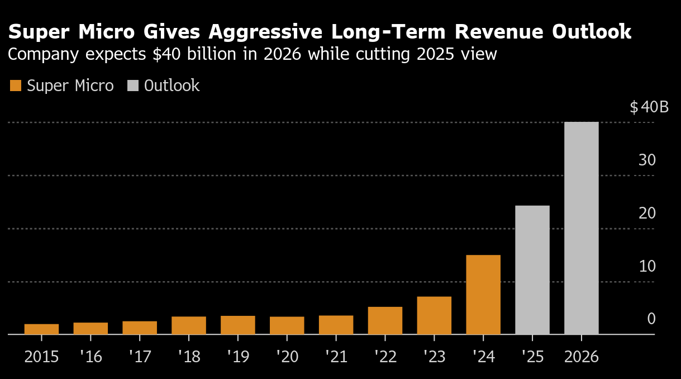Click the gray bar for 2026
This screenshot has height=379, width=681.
[581, 228]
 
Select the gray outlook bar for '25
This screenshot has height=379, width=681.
[532, 270]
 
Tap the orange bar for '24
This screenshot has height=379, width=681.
[483, 295]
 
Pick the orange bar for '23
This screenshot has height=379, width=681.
[434, 315]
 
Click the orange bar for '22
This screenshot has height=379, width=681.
[385, 320]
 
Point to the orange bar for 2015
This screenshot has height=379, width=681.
[41, 329]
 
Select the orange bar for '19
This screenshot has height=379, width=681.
[237, 325]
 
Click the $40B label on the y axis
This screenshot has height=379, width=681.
[649, 107]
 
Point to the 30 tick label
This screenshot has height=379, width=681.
[647, 160]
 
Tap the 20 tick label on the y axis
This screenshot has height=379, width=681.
[647, 214]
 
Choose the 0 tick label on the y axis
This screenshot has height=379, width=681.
[651, 319]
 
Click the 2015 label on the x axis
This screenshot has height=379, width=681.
[41, 357]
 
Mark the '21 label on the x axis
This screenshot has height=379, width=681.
[336, 357]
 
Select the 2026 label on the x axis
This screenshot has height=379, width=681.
[581, 357]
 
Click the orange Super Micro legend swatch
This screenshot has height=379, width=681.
[16, 86]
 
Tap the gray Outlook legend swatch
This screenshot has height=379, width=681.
[133, 86]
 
